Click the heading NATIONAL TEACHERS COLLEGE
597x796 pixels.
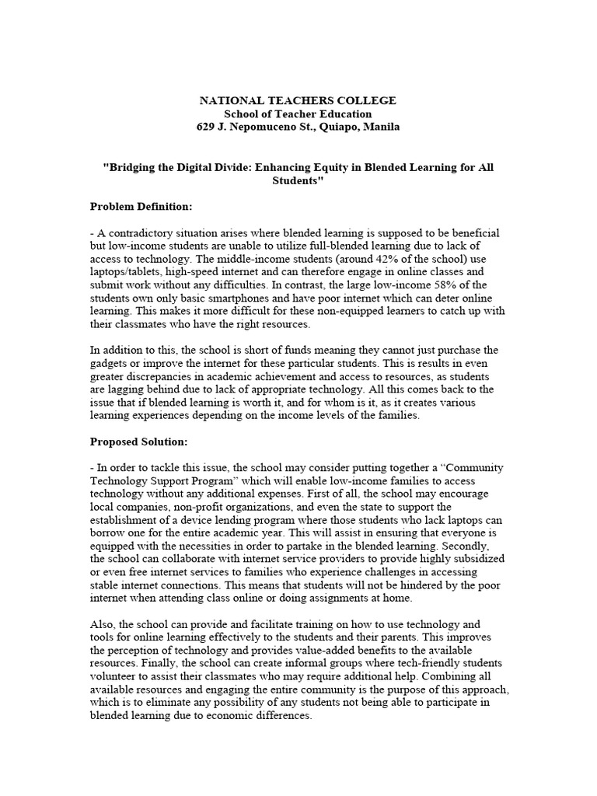[x=298, y=101]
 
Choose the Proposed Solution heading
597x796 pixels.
[x=138, y=442]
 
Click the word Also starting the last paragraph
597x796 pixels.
[x=102, y=625]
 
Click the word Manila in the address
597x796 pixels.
[x=381, y=127]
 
